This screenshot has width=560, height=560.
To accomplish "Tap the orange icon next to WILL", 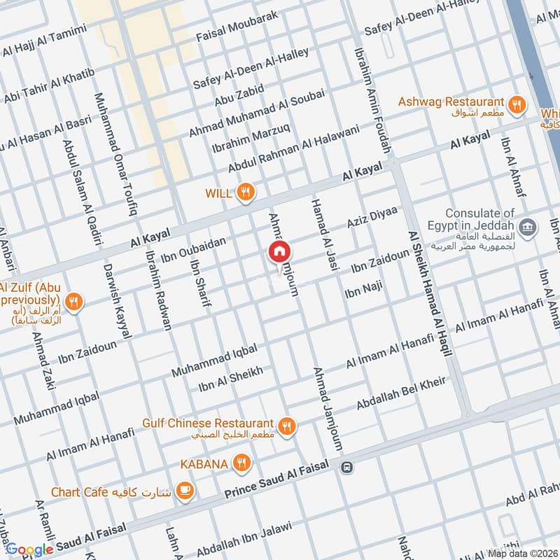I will pos(245,192).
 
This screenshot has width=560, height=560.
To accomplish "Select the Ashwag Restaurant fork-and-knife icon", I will pos(517,104).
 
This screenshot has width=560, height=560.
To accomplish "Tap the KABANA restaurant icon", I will pos(241,463).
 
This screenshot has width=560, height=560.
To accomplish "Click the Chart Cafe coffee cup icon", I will pos(185,490).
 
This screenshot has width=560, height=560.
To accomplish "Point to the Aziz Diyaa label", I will pos(372,217).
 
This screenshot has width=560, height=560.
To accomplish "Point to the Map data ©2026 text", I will pos(523,553).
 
